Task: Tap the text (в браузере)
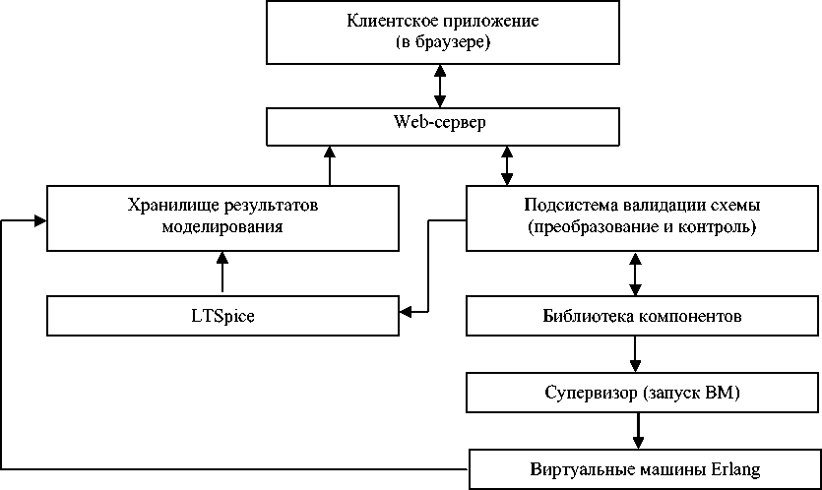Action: click(443, 42)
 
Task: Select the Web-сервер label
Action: click(439, 122)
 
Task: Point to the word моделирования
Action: click(222, 227)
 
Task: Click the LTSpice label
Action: click(222, 316)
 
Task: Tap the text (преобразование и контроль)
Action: click(642, 227)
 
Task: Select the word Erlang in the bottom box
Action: click(735, 468)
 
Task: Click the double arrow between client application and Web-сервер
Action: click(440, 86)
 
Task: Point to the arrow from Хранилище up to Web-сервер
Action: click(329, 165)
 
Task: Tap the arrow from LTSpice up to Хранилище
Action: click(222, 272)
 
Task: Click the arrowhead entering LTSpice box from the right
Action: click(406, 312)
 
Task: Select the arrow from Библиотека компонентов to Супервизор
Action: click(635, 354)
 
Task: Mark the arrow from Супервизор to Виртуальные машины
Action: click(638, 430)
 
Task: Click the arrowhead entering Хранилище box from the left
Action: click(40, 220)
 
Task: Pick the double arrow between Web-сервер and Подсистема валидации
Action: click(507, 165)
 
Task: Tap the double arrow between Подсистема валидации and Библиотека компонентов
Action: click(635, 275)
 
